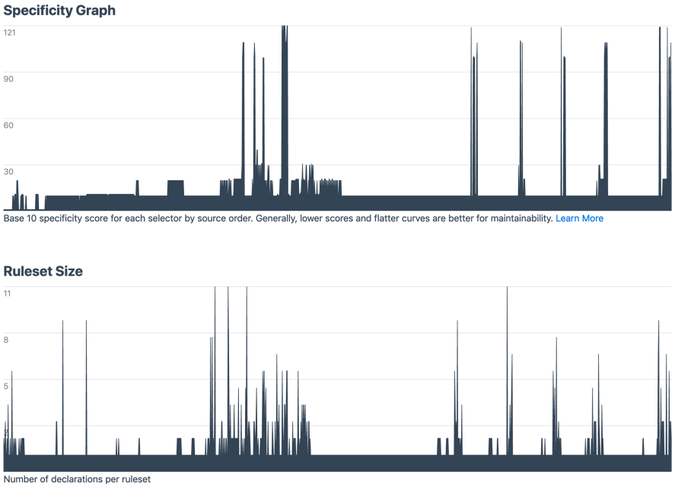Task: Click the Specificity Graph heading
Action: point(60,11)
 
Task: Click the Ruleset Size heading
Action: point(43,271)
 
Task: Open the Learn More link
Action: point(579,218)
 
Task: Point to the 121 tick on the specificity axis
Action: point(10,32)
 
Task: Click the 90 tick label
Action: point(10,78)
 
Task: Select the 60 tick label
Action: point(10,125)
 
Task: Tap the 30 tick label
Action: point(10,171)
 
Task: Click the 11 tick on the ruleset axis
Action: point(8,293)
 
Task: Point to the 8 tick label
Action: point(6,339)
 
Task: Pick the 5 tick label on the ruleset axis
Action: point(6,386)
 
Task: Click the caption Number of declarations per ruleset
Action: point(77,479)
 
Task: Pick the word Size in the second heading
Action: point(69,271)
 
